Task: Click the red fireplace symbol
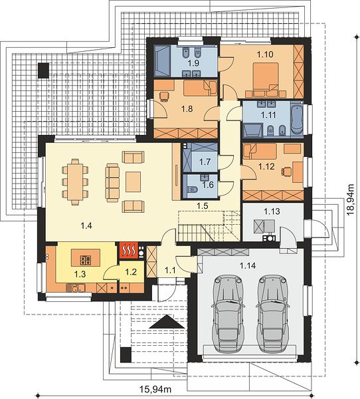(129, 251)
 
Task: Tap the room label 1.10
(265, 55)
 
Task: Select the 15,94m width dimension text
(155, 389)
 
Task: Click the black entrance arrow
(167, 322)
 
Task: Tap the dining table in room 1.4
(75, 182)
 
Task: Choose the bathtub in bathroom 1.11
(297, 118)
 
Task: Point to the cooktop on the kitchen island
(86, 260)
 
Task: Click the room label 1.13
(272, 211)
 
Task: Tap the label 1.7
(205, 162)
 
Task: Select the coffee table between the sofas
(133, 182)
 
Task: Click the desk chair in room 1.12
(286, 172)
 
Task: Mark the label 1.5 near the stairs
(203, 205)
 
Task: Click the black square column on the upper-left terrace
(43, 70)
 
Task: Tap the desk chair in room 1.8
(164, 96)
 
